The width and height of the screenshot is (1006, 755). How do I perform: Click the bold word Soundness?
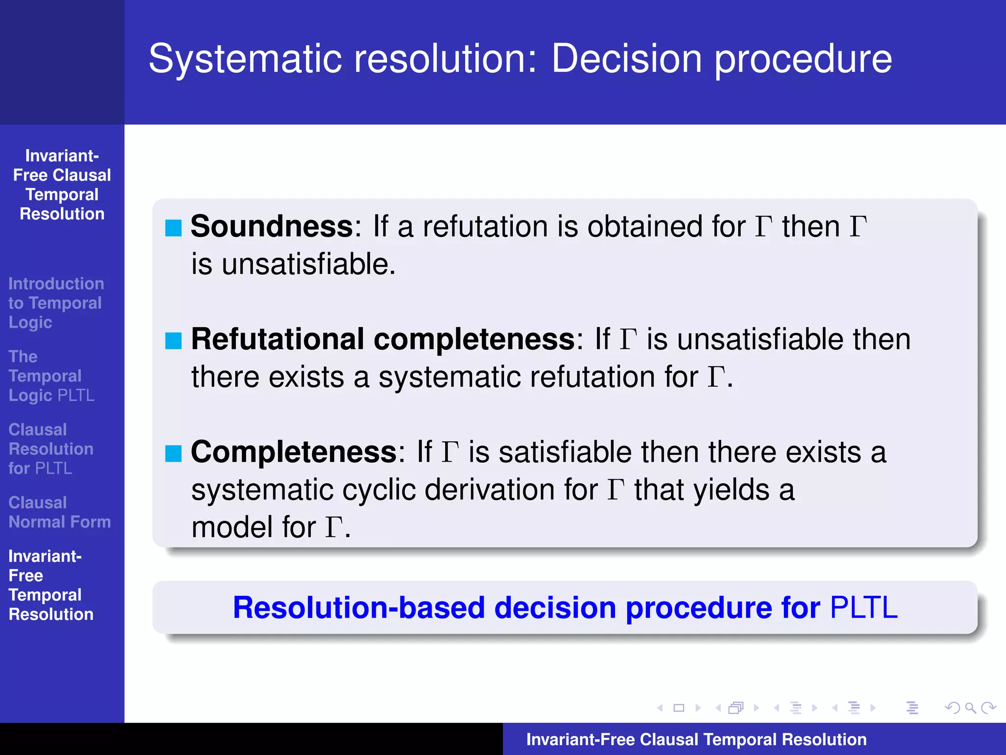272,227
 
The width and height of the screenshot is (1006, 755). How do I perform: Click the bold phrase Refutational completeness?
383,339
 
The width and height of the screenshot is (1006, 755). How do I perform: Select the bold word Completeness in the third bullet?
294,452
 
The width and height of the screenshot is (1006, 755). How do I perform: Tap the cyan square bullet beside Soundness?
173,228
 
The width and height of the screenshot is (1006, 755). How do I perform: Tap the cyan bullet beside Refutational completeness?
173,341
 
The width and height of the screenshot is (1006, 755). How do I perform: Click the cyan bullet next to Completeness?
173,453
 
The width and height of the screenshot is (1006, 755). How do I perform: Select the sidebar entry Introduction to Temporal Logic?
56,303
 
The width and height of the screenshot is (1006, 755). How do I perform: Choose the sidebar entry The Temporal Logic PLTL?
51,376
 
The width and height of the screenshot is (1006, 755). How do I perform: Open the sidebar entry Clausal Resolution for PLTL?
51,449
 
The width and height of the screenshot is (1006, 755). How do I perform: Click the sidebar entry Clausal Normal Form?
59,512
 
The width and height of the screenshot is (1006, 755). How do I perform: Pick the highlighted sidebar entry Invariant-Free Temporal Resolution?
51,585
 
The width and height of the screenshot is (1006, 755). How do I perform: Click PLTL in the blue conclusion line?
863,608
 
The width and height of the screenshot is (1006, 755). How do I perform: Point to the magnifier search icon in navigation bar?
970,708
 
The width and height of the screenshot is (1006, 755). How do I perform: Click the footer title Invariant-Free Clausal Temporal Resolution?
696,739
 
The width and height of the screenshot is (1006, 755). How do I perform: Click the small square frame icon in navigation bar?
679,708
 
